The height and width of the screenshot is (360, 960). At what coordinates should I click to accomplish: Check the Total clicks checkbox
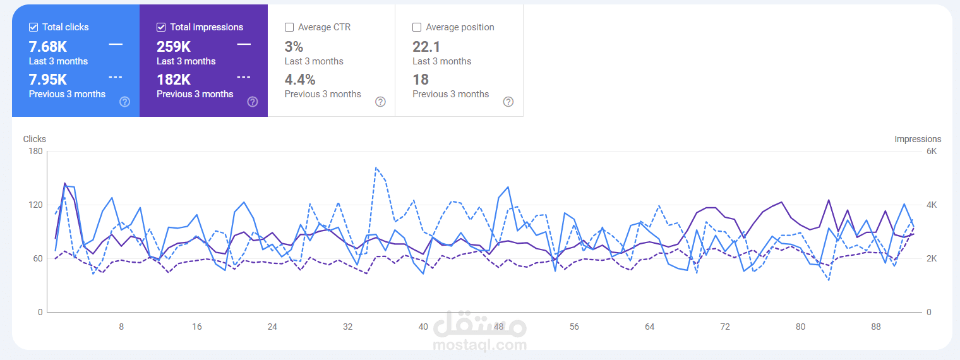33,27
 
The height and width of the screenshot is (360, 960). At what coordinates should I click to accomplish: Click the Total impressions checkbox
161,27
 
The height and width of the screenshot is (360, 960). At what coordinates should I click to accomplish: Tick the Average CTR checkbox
289,27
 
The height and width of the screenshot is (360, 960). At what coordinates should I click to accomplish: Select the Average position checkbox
417,27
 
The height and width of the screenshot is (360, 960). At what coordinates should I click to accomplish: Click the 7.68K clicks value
48,47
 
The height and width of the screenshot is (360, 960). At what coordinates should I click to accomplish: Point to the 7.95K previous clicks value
48,80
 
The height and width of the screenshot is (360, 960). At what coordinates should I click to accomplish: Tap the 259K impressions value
174,47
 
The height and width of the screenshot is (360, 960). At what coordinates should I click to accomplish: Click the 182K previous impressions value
174,80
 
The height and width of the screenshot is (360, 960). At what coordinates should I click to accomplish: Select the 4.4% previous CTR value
300,80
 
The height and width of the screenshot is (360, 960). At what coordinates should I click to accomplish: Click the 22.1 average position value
426,47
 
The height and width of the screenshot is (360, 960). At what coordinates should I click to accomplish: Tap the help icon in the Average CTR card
380,102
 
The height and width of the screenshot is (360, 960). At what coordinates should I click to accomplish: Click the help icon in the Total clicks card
124,102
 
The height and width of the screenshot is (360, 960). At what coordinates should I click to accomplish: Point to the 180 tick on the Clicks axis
35,152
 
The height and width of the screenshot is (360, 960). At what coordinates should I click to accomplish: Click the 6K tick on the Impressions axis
932,152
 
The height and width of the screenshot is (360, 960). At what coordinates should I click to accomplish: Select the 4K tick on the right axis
932,205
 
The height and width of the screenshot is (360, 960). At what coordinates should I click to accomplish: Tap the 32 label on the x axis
347,327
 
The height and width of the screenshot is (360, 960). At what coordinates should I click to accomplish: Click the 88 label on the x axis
876,327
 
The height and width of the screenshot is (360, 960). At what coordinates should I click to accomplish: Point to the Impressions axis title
918,139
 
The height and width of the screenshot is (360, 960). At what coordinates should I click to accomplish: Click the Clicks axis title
35,139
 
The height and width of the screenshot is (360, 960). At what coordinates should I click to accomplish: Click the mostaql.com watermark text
480,345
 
